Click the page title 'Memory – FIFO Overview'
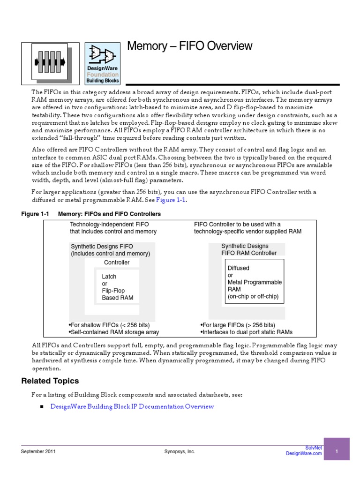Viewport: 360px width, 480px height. [x=190, y=46]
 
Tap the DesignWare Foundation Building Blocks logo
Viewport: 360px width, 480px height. [x=103, y=63]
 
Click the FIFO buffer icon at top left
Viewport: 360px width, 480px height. [x=50, y=61]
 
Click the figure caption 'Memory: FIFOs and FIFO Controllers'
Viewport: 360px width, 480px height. [x=109, y=214]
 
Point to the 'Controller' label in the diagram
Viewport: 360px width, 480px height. [x=117, y=262]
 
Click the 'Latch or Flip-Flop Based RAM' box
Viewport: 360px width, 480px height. [x=118, y=287]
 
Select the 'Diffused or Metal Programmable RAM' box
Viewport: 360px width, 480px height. [x=255, y=282]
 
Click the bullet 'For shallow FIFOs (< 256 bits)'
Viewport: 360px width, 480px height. [x=109, y=325]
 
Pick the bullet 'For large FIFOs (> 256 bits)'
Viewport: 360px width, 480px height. [x=238, y=325]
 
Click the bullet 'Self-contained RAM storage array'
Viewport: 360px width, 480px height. [x=114, y=332]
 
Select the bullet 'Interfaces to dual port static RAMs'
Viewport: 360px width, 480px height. [x=247, y=332]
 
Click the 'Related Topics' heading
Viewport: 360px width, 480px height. [x=50, y=381]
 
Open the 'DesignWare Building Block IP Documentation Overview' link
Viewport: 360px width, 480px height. [x=132, y=406]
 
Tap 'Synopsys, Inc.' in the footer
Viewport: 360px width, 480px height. [x=180, y=452]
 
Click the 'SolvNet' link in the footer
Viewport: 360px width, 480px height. [x=314, y=448]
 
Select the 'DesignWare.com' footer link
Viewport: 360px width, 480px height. [x=304, y=454]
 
